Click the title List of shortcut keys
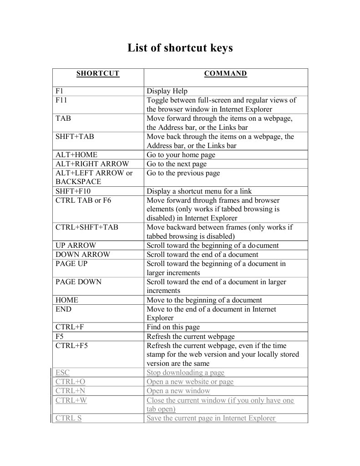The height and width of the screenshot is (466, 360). pos(180,48)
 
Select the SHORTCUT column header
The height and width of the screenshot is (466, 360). pos(98,73)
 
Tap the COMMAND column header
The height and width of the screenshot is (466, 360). pos(225,73)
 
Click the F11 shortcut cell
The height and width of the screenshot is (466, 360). pos(61,100)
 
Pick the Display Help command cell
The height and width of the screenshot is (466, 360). pos(167,91)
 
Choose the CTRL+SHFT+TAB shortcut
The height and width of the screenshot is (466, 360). pos(87,227)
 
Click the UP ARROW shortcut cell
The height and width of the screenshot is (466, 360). pos(76,246)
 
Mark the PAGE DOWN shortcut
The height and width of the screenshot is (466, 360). pos(79,282)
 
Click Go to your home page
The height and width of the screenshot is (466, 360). pos(181,155)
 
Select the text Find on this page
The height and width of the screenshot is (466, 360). pos(173,327)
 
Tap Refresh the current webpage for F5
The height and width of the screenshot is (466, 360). pos(191,336)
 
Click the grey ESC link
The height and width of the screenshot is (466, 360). pos(62,373)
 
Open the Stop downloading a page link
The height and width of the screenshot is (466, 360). pos(185,373)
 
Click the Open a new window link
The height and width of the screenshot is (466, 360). pos(178,391)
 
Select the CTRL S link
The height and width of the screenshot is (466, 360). pos(69,418)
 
